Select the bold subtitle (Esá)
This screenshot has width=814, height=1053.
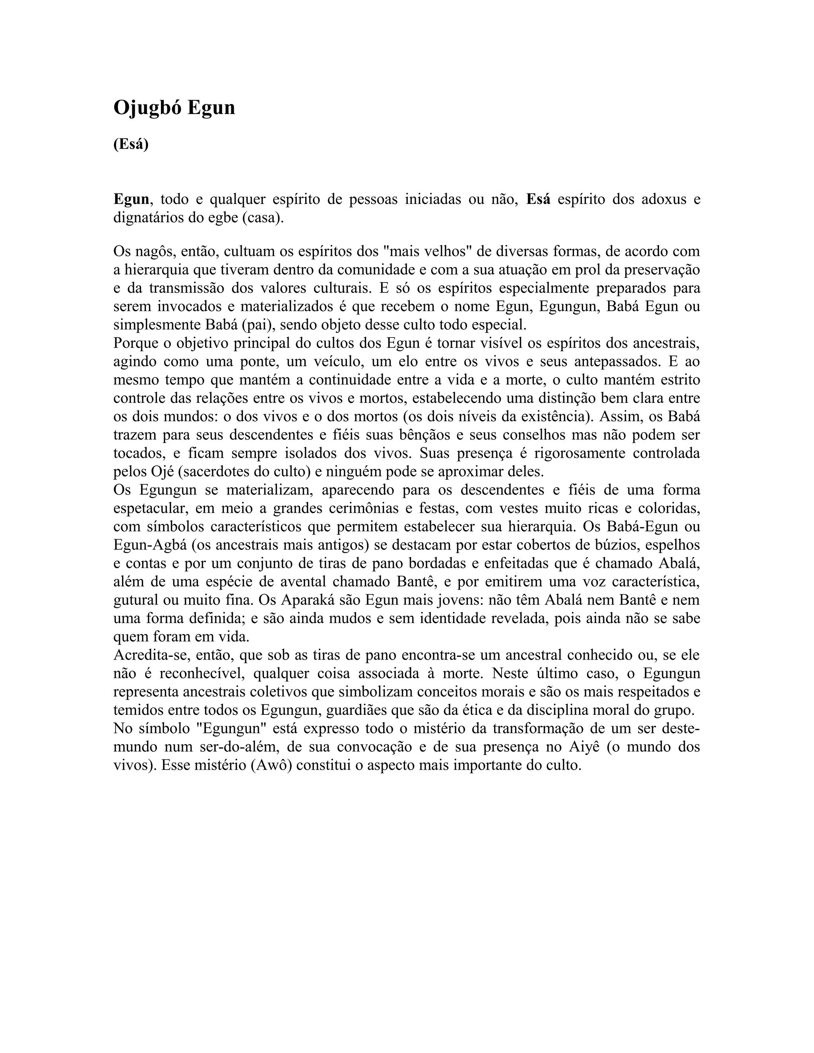coord(131,144)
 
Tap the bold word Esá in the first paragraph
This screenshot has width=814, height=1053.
coord(538,199)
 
